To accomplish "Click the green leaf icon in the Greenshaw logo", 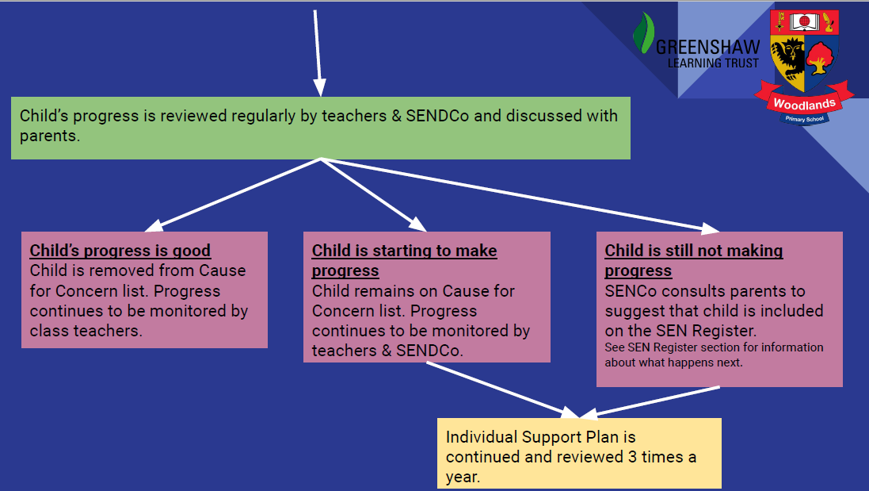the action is (x=643, y=33).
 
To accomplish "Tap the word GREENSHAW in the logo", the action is (x=707, y=47).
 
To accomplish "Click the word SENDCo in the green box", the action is (x=437, y=115).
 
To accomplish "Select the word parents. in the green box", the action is (x=50, y=136).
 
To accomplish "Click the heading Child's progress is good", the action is (x=120, y=251).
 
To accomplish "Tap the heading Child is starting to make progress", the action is (x=405, y=261).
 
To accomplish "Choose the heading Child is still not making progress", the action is (x=694, y=261).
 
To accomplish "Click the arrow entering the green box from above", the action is (x=318, y=53).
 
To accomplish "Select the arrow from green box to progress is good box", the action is (x=233, y=195).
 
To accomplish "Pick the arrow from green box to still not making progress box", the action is (x=520, y=195).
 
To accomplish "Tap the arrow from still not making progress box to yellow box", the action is (x=650, y=402).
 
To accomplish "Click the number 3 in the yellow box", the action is (x=632, y=457).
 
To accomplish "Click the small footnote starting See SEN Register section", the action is (x=714, y=355).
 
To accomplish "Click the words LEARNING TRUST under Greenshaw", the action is (x=713, y=63).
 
